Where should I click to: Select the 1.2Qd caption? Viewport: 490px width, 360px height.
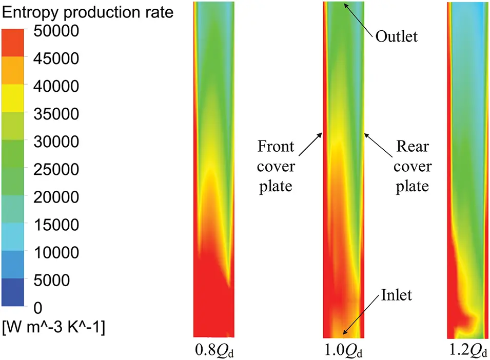pos(469,351)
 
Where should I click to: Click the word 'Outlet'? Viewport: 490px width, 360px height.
pos(397,36)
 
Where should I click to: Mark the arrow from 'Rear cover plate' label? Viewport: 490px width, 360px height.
pos(378,146)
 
